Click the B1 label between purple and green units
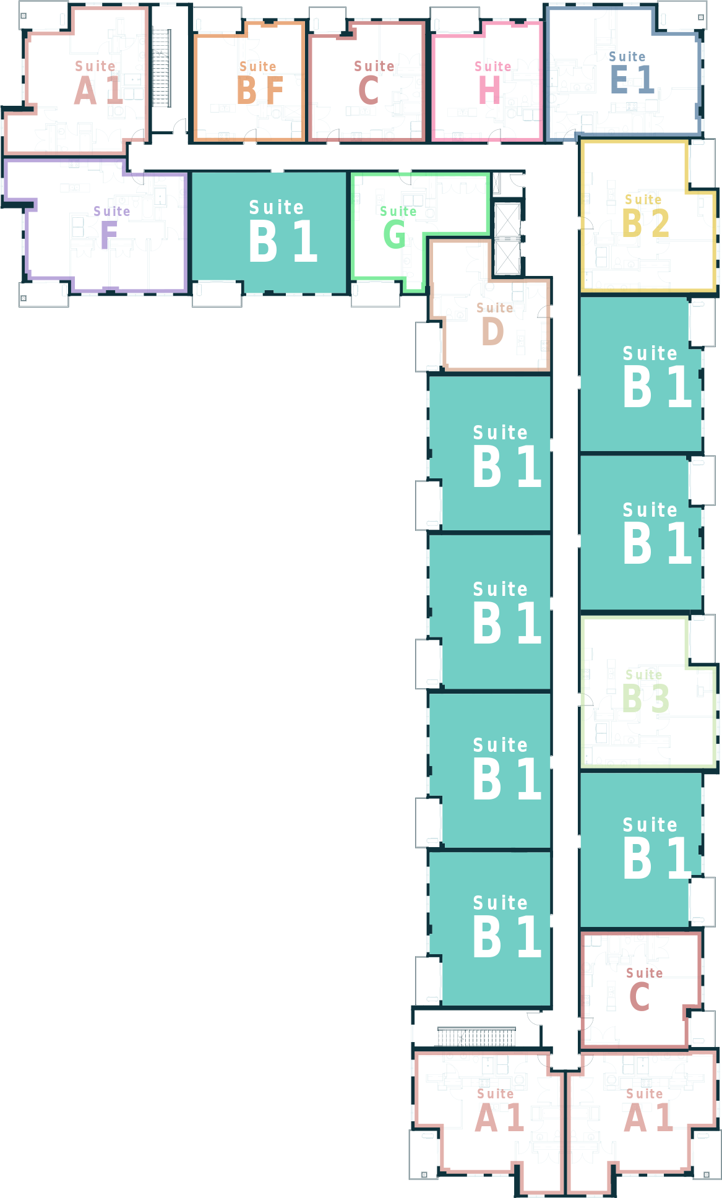click(x=283, y=241)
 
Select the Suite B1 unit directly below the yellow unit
click(x=640, y=374)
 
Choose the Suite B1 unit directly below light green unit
click(x=640, y=848)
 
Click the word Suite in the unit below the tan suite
click(x=500, y=433)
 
